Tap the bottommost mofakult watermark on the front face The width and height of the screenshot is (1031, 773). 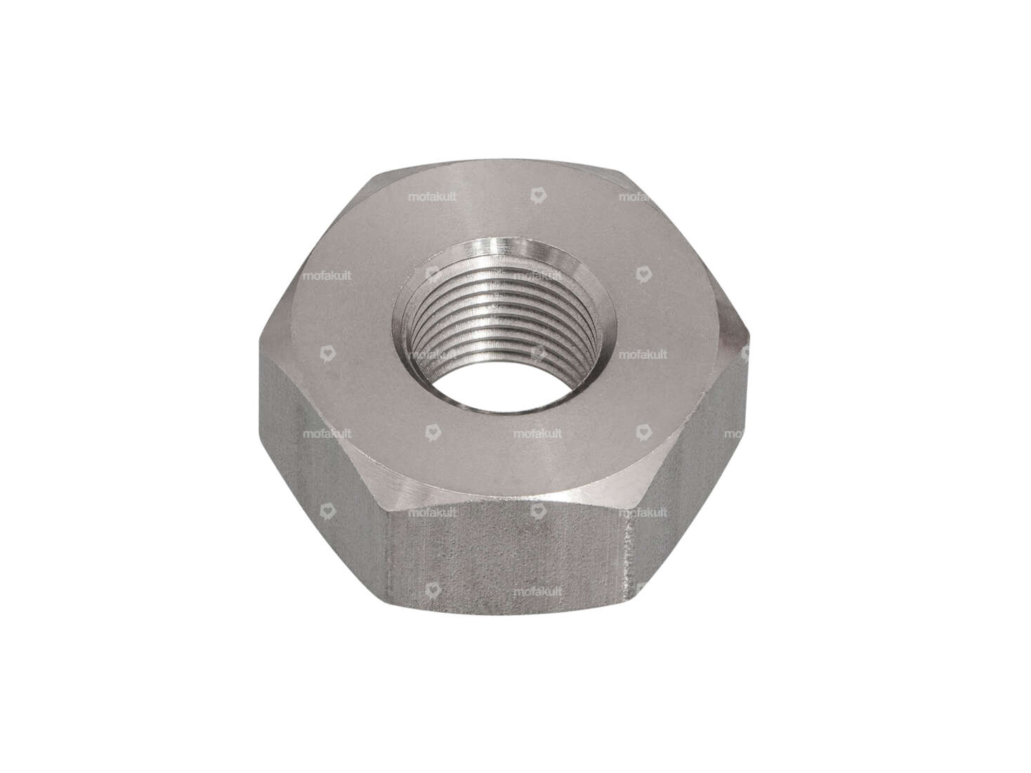point(537,592)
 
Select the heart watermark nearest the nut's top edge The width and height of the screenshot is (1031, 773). point(538,196)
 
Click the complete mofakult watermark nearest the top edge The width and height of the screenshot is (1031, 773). point(432,197)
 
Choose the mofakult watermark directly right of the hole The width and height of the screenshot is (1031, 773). point(643,355)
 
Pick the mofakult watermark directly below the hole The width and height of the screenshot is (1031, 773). point(537,434)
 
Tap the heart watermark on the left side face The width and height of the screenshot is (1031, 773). point(327,511)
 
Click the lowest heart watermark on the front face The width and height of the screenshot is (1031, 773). point(433,590)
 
